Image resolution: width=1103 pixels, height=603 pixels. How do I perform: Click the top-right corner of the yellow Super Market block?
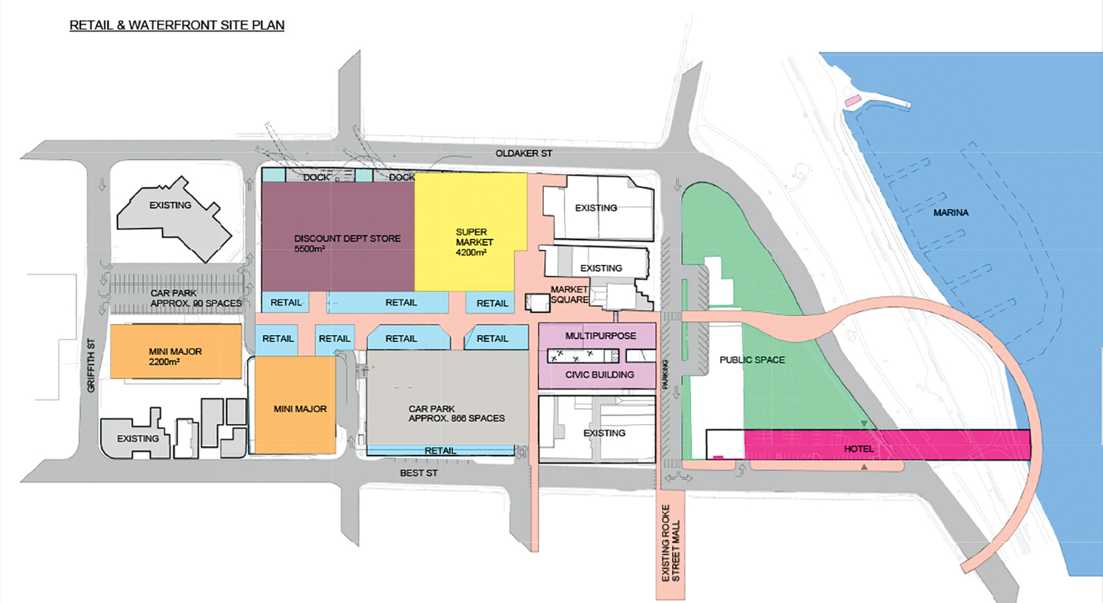[x=527, y=173]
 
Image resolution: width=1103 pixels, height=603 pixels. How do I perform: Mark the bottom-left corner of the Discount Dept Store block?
[x=262, y=291]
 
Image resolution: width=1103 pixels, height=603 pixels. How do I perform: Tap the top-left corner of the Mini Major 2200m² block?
[x=111, y=324]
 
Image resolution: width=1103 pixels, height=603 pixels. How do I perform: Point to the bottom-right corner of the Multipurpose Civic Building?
[x=655, y=389]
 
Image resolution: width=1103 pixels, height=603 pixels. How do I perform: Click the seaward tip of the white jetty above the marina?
[x=908, y=105]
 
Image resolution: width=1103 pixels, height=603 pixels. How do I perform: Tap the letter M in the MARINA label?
[x=937, y=213]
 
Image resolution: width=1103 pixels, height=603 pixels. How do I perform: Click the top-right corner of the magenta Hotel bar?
[x=1031, y=430]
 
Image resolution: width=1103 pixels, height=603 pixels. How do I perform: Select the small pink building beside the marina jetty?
[x=852, y=101]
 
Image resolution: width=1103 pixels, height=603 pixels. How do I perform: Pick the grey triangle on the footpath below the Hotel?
[x=864, y=467]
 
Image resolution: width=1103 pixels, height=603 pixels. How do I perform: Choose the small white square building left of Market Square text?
[x=537, y=303]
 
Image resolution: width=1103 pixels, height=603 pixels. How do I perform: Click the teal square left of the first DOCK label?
[x=273, y=175]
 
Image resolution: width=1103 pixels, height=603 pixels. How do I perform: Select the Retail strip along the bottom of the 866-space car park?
[x=440, y=450]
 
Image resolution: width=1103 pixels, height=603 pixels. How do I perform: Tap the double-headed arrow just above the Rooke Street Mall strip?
[x=679, y=478]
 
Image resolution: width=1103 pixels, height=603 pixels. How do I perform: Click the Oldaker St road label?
[x=524, y=153]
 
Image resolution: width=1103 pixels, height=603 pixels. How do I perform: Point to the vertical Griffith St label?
[x=91, y=366]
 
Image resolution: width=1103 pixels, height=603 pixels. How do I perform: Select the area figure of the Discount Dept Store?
[x=309, y=249]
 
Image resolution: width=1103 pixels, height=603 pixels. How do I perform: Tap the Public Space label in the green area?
[x=752, y=360]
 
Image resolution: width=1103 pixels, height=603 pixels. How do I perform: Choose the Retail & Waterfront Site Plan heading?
[x=176, y=25]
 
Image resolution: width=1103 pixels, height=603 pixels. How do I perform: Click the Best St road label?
[x=418, y=473]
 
